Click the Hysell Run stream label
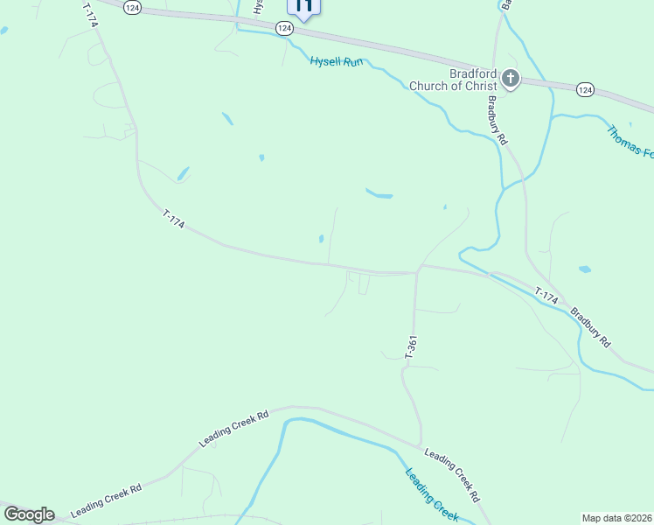point(336,61)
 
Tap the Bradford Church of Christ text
point(452,80)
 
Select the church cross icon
point(511,80)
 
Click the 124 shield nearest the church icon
point(585,89)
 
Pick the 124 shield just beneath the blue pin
point(284,29)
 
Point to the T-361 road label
point(411,346)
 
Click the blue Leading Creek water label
point(432,495)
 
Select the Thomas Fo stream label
point(630,141)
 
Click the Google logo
point(29,514)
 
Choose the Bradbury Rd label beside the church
point(497,121)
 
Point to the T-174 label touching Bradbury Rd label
point(546,297)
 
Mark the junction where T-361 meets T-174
point(417,273)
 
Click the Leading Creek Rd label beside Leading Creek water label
point(451,475)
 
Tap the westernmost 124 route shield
point(131,7)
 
